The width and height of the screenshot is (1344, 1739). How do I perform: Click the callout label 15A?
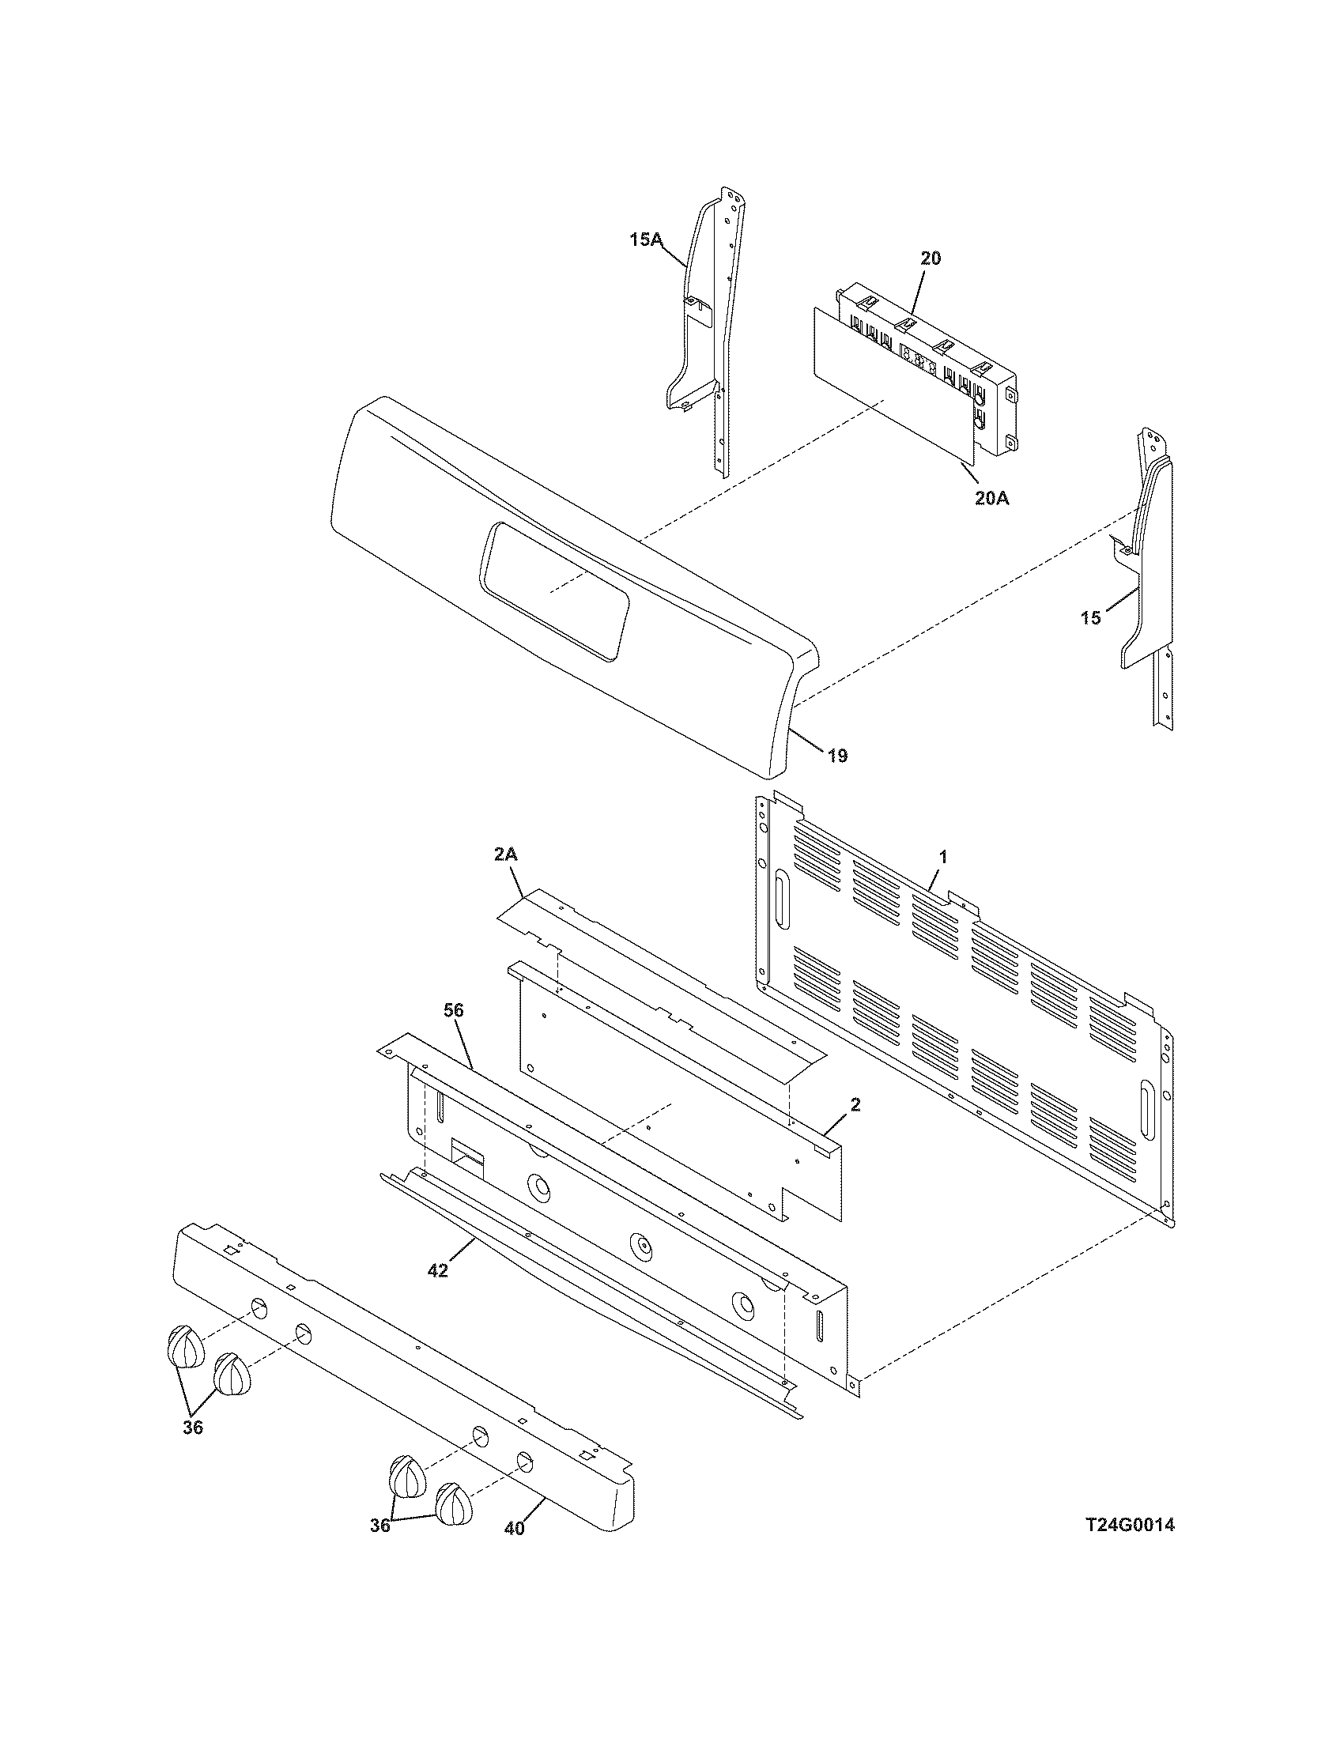tap(646, 239)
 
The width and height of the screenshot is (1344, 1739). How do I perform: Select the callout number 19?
tap(836, 755)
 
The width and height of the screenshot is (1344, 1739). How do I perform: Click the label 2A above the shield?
tap(506, 854)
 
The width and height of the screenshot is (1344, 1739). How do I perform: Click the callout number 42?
tap(438, 1271)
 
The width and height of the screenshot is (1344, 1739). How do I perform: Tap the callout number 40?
tap(515, 1528)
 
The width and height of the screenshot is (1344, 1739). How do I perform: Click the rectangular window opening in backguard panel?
tap(554, 590)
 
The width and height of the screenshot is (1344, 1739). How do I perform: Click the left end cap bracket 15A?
tap(700, 334)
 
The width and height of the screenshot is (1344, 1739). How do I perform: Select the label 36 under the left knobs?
tap(193, 1427)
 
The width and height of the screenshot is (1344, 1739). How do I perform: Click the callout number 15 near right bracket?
tap(1091, 617)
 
